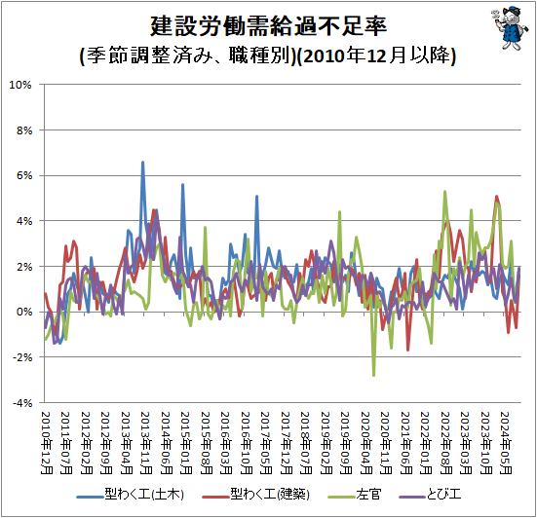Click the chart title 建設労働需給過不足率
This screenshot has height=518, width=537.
point(269,26)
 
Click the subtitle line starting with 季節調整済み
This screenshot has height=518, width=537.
point(268,55)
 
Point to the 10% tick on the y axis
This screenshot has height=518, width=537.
point(20,85)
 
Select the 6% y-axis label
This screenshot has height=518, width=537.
point(24,175)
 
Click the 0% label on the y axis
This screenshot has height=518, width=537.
point(24,312)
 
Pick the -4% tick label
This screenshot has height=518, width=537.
point(22,403)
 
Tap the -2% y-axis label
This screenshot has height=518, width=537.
point(22,357)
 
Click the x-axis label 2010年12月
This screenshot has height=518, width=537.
point(46,443)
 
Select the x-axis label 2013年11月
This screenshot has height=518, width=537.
point(146,443)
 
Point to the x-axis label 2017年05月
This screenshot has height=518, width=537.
point(266,443)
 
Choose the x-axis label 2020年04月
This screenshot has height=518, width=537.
point(366,443)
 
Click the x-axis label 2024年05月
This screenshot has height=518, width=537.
point(506,443)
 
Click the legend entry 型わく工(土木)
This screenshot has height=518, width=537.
point(131,495)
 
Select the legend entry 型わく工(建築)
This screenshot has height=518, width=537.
point(256,495)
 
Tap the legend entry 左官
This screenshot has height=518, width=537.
point(355,495)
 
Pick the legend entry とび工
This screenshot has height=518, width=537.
point(431,495)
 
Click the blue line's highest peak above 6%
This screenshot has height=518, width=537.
point(143,163)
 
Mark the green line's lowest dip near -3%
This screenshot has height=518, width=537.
point(373,375)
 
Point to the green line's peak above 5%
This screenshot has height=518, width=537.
point(444,192)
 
